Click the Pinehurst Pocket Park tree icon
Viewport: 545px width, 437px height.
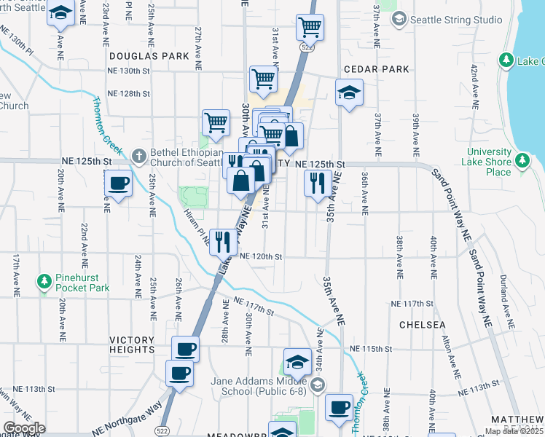pos(44,280)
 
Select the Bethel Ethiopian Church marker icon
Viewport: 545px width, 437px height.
pos(140,154)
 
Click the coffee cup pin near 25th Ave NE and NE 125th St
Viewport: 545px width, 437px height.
pos(118,184)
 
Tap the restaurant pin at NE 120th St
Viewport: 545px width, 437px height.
pos(221,240)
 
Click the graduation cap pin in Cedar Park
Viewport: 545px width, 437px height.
pos(349,92)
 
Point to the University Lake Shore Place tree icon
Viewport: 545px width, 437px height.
pos(522,160)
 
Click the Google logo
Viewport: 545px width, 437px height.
pos(25,429)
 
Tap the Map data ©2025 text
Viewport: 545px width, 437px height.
pos(514,432)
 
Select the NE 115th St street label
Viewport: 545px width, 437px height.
pos(371,349)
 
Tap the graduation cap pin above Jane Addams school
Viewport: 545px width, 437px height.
pos(297,361)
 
